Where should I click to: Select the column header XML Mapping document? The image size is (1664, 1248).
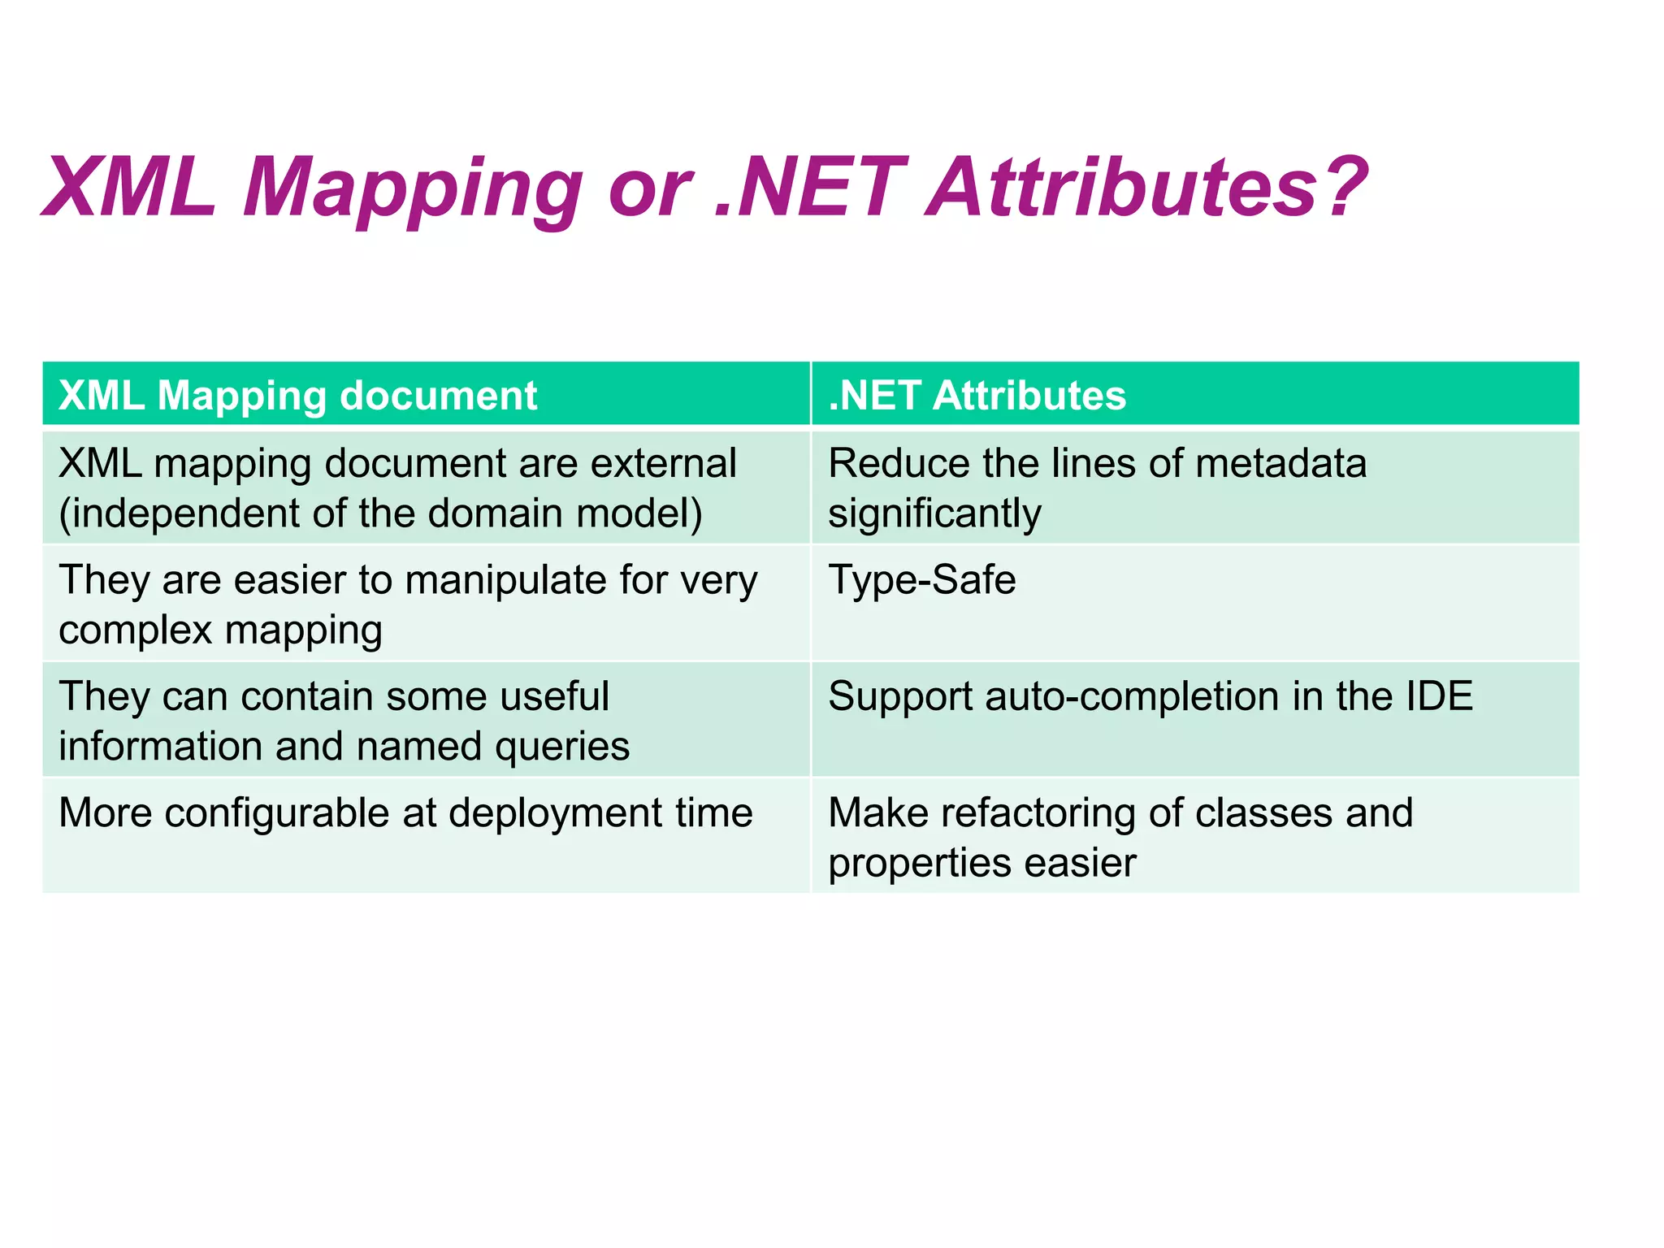click(x=297, y=396)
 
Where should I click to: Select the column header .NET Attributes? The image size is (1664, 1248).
click(x=977, y=396)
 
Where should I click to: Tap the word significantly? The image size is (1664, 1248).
click(x=934, y=514)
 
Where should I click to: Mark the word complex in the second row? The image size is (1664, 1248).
click(x=135, y=631)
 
